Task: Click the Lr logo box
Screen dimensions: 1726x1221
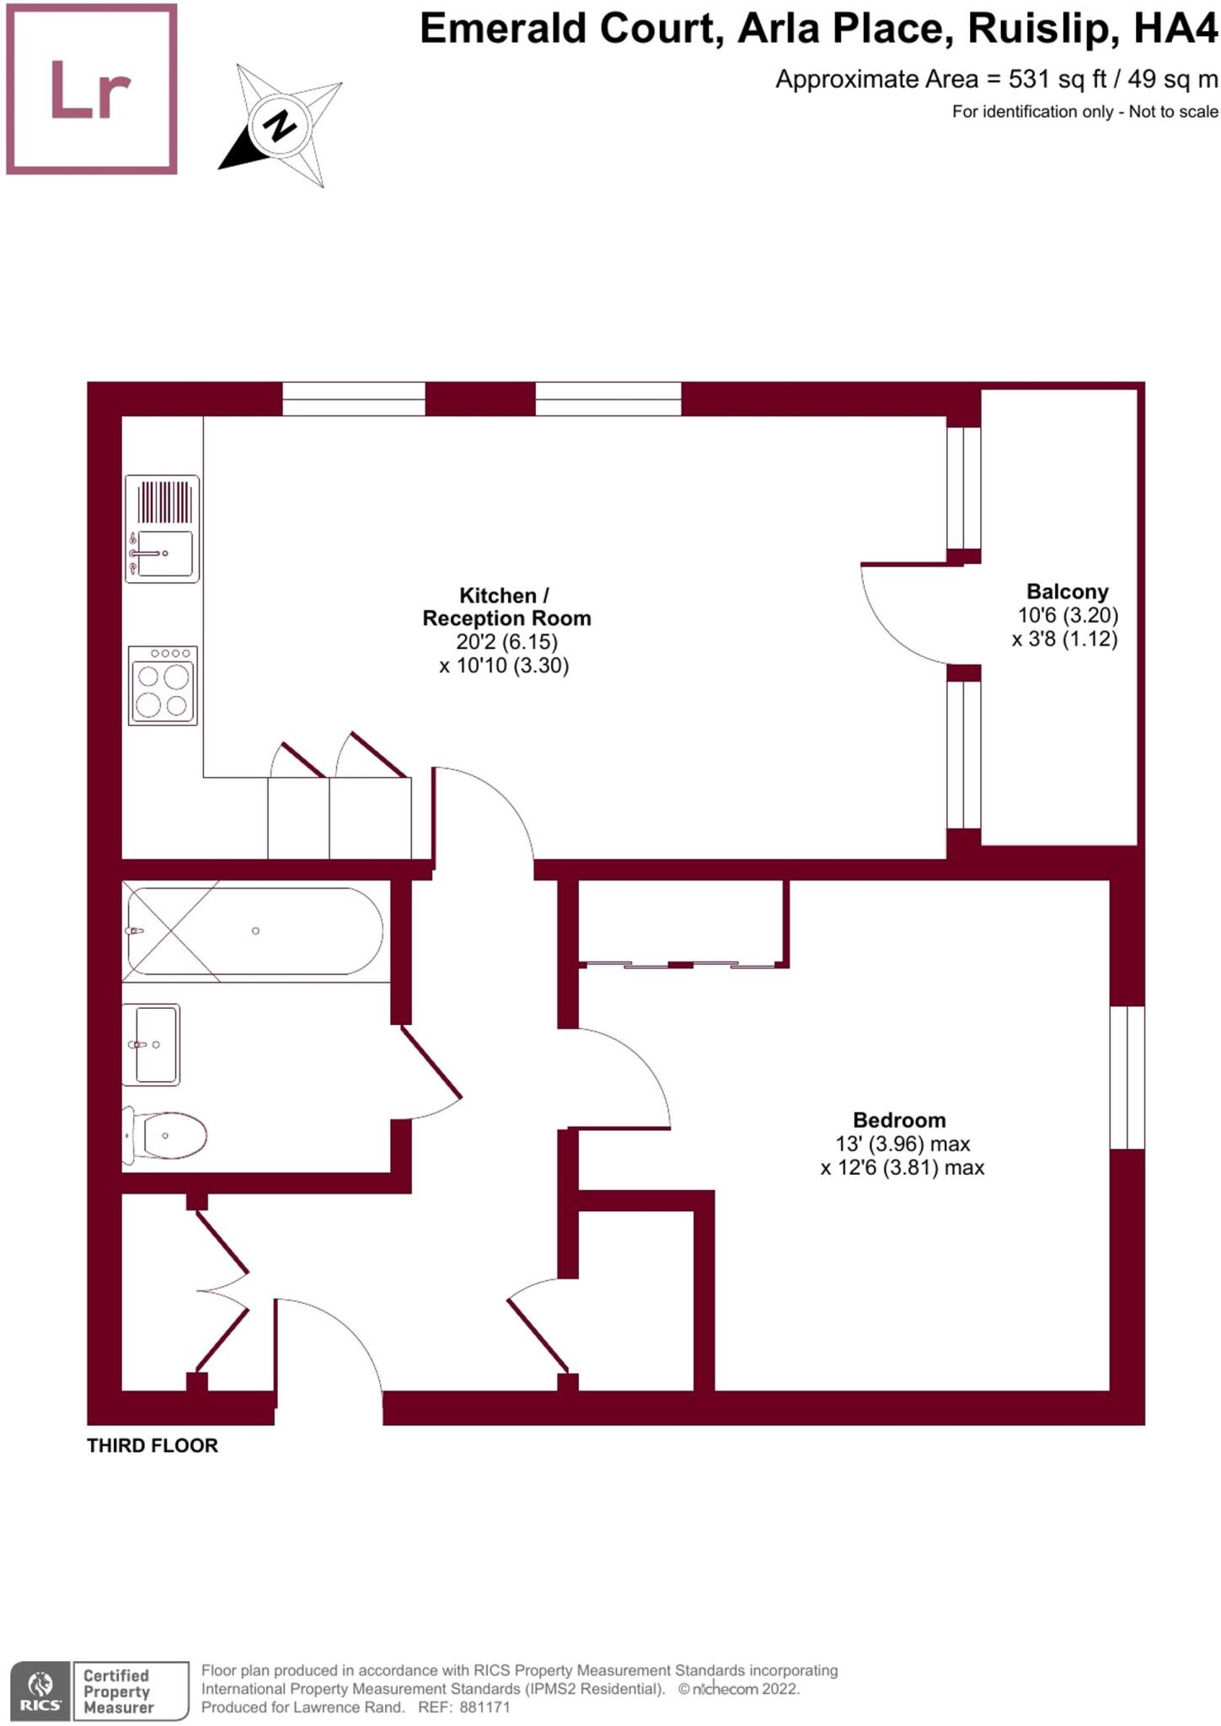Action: pos(92,89)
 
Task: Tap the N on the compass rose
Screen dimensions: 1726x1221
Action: pos(281,126)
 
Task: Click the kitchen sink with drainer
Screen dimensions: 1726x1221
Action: pos(163,528)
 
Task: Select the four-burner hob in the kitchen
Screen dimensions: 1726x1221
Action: pos(163,685)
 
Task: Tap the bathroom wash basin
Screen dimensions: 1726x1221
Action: pos(152,1044)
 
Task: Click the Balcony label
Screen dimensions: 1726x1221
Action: pos(1067,592)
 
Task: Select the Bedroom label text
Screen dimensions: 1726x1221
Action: pos(899,1120)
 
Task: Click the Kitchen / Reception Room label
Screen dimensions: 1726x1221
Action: pos(506,607)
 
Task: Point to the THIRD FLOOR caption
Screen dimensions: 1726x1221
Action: pos(153,1445)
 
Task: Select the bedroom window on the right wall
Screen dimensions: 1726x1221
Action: pos(1127,1077)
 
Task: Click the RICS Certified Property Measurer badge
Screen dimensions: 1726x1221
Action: pos(99,1691)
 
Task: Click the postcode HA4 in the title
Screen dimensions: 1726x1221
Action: pos(1175,29)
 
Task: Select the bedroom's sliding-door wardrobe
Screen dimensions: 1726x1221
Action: pos(683,924)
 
